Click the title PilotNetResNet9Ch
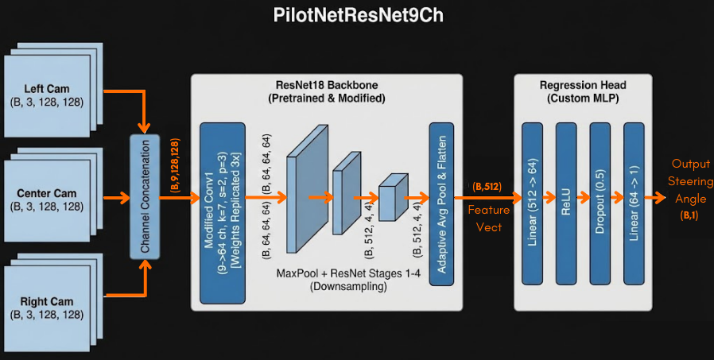(x=357, y=17)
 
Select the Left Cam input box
(x=47, y=95)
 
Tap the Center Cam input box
(x=47, y=199)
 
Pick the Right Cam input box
(x=47, y=307)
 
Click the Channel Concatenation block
(x=146, y=197)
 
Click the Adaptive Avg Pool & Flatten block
(x=440, y=203)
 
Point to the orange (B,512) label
(x=487, y=187)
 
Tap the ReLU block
(x=566, y=203)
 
